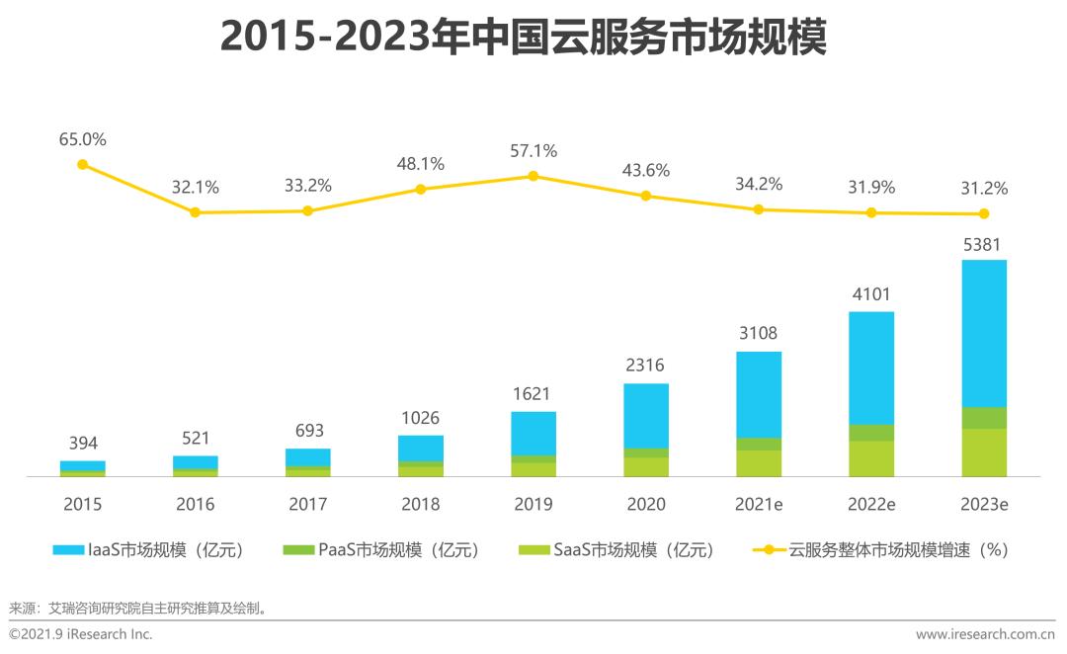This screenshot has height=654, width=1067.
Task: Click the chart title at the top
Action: click(x=523, y=39)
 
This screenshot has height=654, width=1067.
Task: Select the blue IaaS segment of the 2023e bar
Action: click(x=984, y=333)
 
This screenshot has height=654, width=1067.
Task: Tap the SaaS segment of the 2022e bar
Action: click(x=871, y=458)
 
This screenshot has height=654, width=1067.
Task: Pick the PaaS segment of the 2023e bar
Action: click(x=984, y=418)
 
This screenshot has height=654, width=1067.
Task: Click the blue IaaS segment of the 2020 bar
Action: click(x=646, y=415)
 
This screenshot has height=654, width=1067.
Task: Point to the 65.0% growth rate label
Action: click(x=83, y=139)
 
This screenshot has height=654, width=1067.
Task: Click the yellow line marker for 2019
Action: click(x=533, y=176)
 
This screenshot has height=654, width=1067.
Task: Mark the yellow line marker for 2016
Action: click(x=195, y=212)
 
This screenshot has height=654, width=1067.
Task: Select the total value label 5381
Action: click(x=984, y=243)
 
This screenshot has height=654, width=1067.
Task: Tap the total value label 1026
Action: click(x=421, y=418)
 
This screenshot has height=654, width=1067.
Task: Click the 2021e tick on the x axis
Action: click(x=759, y=504)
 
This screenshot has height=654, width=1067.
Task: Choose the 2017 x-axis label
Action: click(x=308, y=504)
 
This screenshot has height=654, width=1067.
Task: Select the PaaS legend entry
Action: click(x=380, y=550)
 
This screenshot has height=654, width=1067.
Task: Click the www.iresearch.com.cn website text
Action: click(x=985, y=634)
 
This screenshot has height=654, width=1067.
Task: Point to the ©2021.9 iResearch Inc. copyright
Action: click(x=81, y=634)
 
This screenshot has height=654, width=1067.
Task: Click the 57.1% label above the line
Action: click(x=533, y=151)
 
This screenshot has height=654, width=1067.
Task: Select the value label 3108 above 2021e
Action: click(x=759, y=334)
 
